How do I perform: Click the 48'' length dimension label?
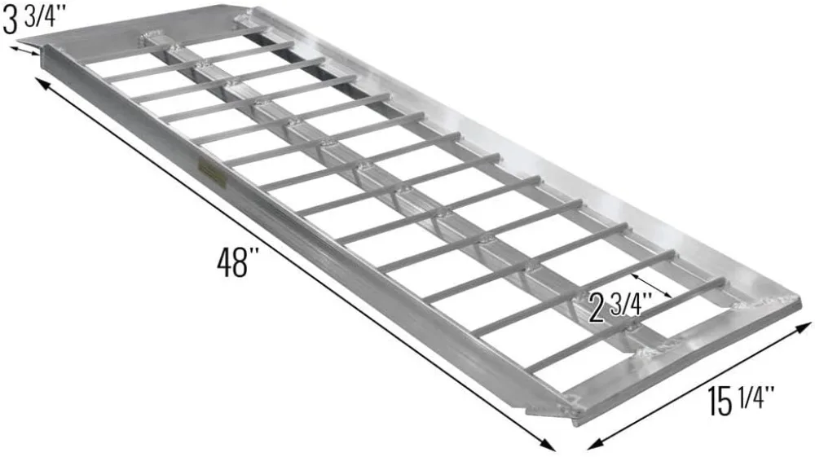237,261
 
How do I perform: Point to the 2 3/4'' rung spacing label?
621,306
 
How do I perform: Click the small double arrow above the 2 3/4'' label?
651,285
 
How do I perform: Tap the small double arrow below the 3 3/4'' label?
24,51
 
